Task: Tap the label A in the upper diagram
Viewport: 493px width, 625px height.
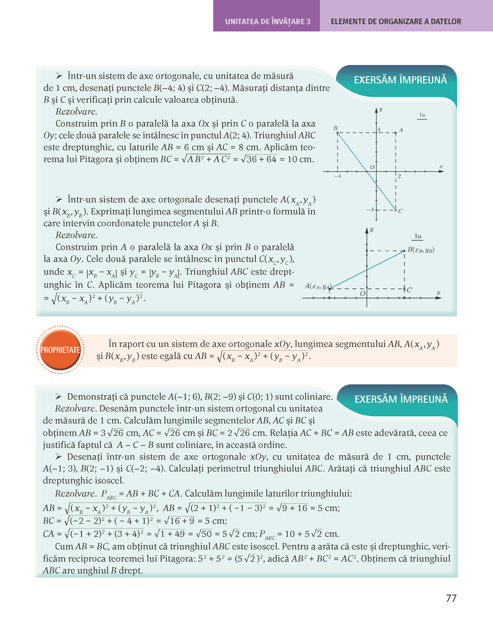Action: (401, 130)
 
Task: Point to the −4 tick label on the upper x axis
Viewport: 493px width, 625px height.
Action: (337, 176)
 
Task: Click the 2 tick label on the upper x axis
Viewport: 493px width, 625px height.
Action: (399, 176)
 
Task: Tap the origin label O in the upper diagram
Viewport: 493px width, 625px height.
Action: (372, 167)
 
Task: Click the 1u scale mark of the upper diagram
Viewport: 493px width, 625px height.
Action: (422, 115)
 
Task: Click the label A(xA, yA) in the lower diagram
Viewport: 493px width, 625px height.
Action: (318, 286)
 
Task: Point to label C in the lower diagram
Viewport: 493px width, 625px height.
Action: (409, 290)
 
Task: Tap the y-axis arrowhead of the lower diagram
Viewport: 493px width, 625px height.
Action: (367, 231)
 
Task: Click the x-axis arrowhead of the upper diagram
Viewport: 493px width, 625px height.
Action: (440, 171)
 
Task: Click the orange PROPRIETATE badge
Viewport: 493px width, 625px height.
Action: (60, 350)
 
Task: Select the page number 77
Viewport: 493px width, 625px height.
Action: (451, 598)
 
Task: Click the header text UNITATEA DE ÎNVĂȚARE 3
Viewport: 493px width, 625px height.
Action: (268, 22)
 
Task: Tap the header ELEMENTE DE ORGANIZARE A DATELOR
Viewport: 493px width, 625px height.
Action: (396, 22)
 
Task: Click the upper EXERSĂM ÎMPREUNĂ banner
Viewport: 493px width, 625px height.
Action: (401, 80)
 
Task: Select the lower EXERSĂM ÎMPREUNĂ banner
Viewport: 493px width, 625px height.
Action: (401, 399)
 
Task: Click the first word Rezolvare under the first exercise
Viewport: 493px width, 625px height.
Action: (76, 112)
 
